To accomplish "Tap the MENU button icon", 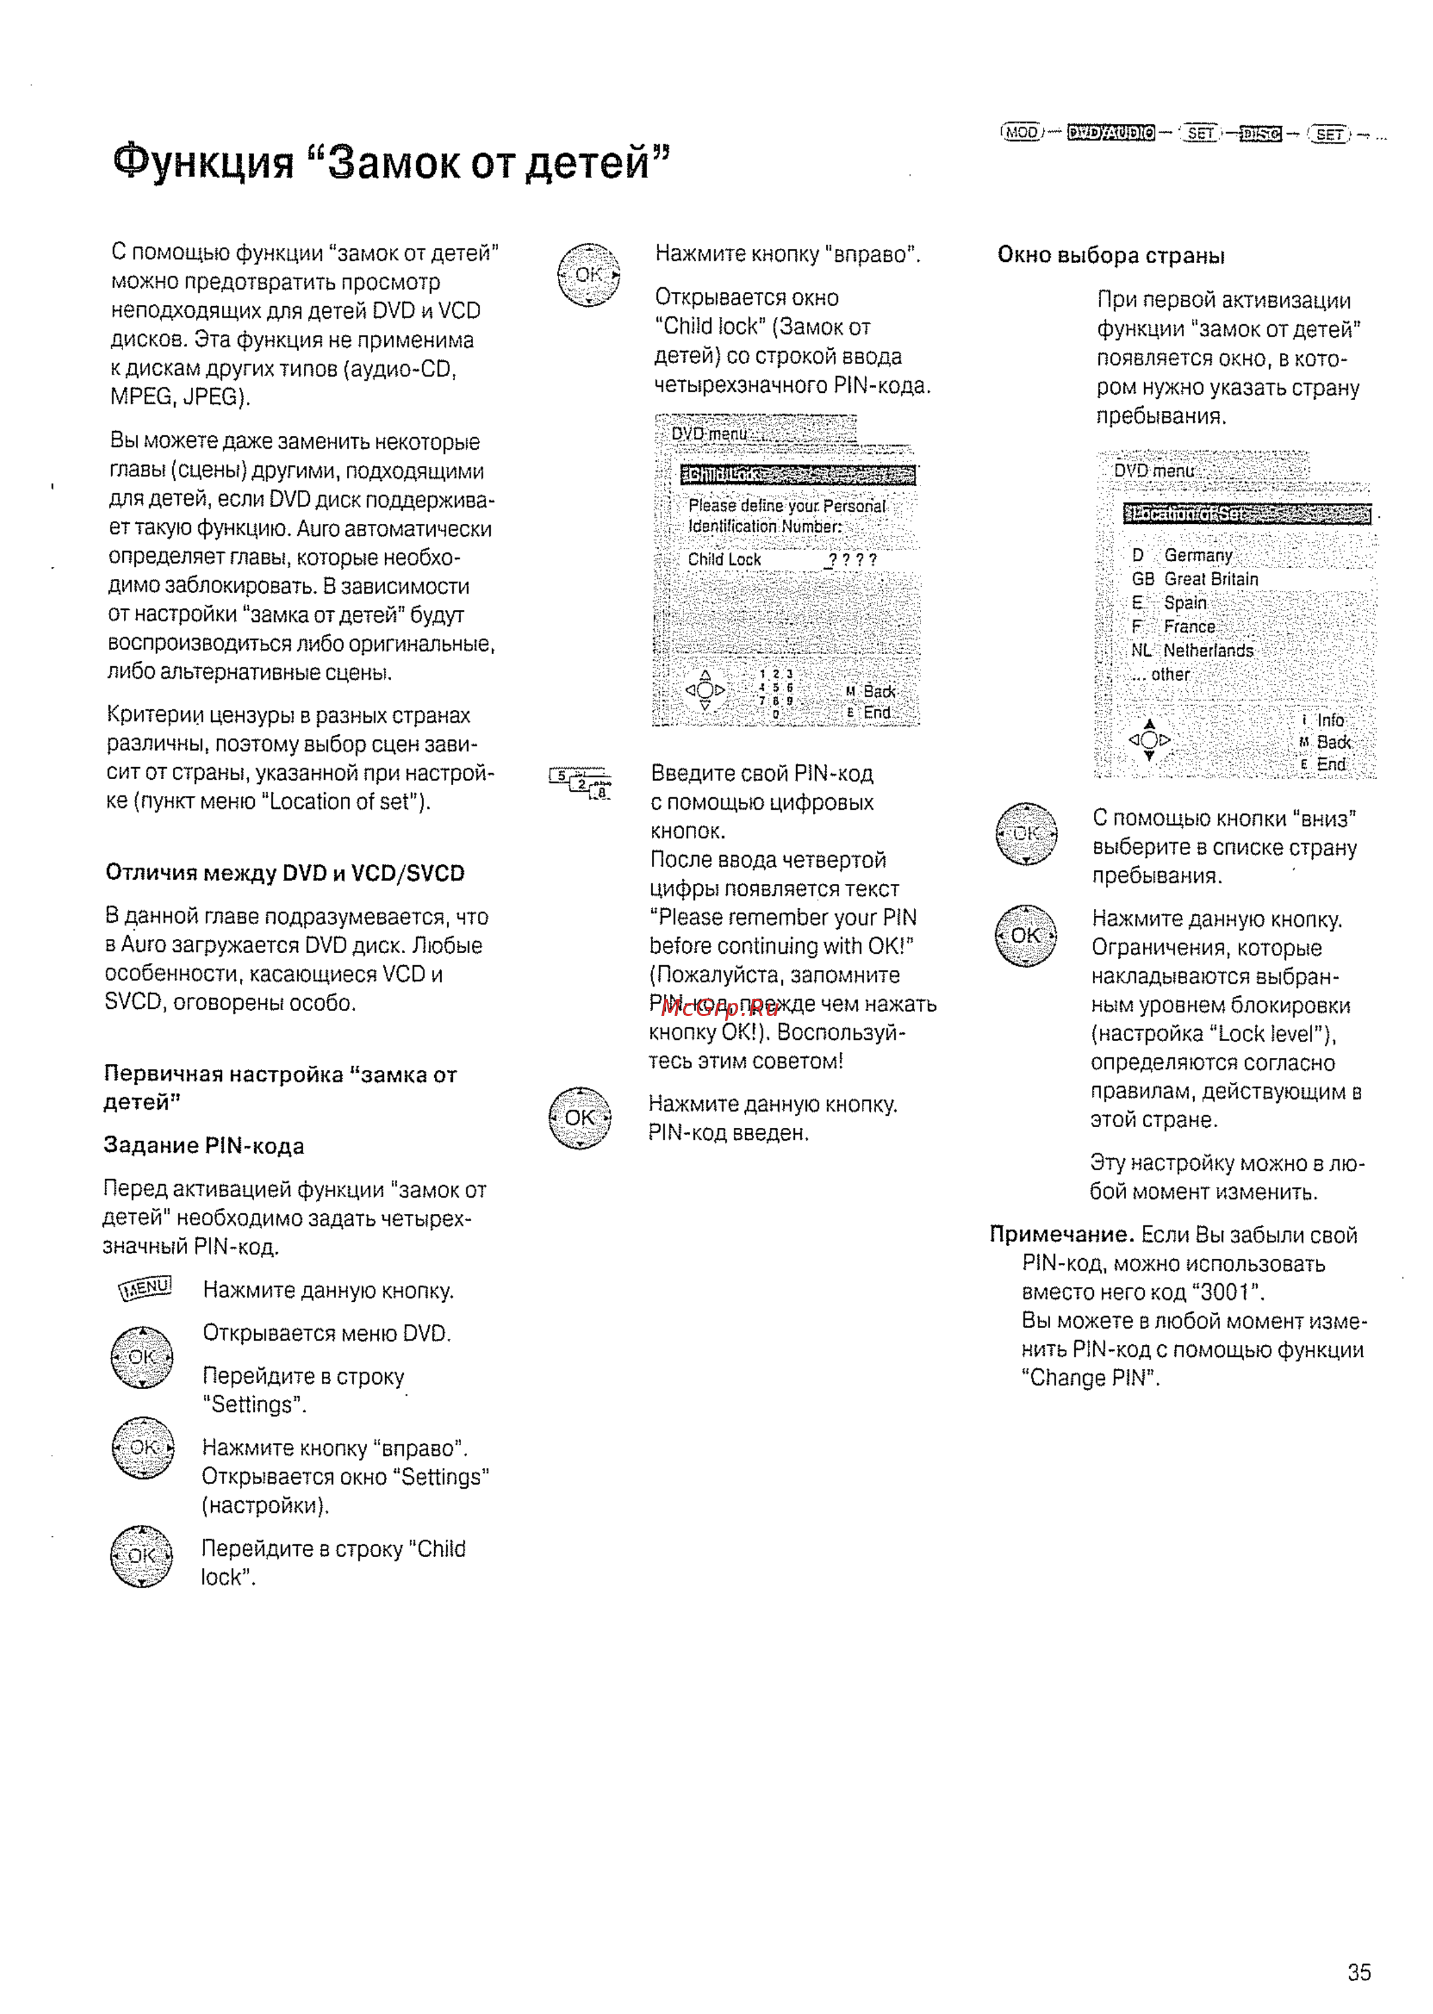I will pyautogui.click(x=145, y=1289).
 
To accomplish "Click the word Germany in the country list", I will pyautogui.click(x=1197, y=555).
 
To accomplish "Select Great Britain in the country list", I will pyautogui.click(x=1211, y=579).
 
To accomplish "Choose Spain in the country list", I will pyautogui.click(x=1185, y=603).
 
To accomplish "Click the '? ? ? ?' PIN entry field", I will pyautogui.click(x=852, y=560).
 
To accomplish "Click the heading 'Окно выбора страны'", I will pyautogui.click(x=1111, y=256).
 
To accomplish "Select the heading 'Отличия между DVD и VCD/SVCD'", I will pyautogui.click(x=285, y=872).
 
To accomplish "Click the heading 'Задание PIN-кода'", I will pyautogui.click(x=204, y=1145).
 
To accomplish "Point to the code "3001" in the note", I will pyautogui.click(x=1227, y=1292).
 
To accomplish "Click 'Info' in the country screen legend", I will pyautogui.click(x=1330, y=720).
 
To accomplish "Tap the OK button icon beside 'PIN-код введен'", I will pyautogui.click(x=580, y=1118).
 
